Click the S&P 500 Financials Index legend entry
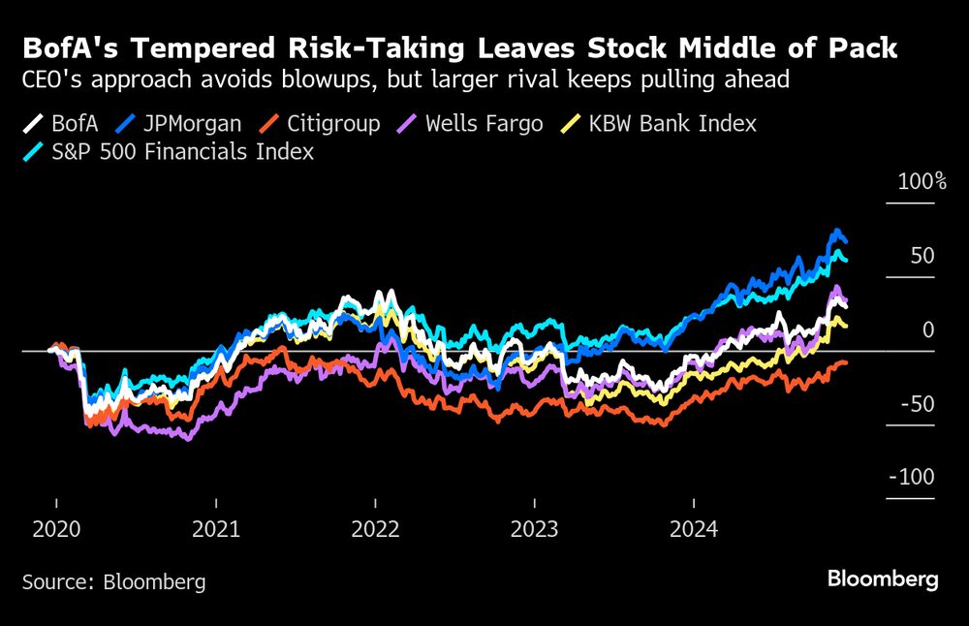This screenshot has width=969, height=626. click(x=169, y=152)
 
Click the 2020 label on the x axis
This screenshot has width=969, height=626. click(x=56, y=530)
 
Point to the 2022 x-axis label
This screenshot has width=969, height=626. click(x=375, y=530)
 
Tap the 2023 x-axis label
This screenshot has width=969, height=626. click(x=534, y=530)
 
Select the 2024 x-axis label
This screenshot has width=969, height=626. click(x=694, y=530)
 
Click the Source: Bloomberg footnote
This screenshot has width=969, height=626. click(x=113, y=581)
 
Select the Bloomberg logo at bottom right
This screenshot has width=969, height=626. click(x=883, y=579)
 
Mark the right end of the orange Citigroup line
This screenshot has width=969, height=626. click(x=846, y=362)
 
